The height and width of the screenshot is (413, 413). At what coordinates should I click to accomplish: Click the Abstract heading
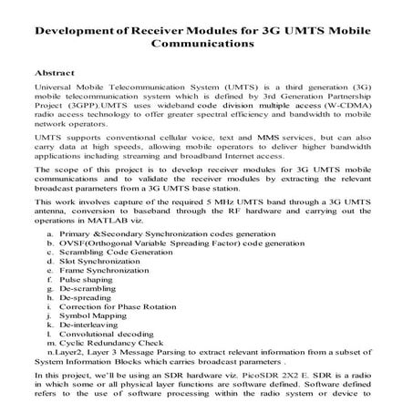(x=52, y=70)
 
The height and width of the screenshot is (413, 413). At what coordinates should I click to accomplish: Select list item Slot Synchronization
(x=103, y=261)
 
